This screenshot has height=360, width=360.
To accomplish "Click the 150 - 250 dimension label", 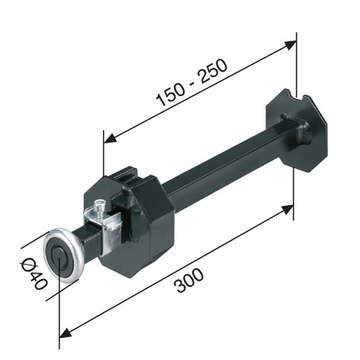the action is tap(191, 83).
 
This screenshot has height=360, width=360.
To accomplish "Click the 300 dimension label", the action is tap(189, 281).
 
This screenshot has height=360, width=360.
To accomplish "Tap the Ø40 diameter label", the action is tap(34, 274).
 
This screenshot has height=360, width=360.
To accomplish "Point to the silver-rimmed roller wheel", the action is tap(64, 255).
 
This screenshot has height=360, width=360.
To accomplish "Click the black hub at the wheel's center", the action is tap(59, 256).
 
